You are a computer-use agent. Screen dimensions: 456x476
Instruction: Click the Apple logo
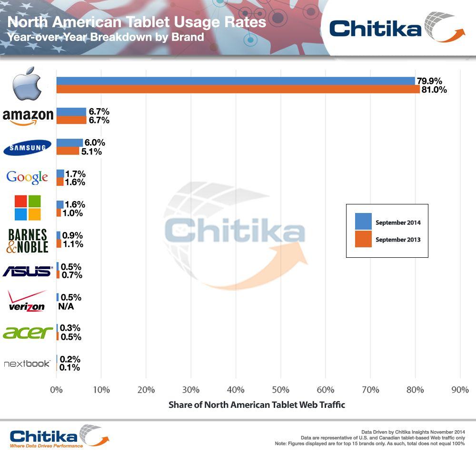27,84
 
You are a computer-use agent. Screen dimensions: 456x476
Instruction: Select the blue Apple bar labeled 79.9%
235,81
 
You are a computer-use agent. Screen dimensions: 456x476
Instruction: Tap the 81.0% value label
434,90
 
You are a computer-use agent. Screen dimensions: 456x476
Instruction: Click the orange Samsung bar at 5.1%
68,151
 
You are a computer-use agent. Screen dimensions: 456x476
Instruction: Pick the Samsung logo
27,147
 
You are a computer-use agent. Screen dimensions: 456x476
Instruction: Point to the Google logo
27,178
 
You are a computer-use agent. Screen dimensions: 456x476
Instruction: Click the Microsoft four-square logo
27,208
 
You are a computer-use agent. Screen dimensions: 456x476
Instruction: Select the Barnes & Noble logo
27,240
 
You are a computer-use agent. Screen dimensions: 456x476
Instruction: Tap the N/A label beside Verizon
66,306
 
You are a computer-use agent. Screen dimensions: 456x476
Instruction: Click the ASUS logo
27,271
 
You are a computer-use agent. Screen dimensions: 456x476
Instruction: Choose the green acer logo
27,332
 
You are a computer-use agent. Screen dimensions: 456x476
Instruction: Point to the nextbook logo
27,364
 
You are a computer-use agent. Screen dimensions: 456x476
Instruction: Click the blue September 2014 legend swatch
363,222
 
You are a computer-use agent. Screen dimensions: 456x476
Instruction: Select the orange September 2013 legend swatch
363,240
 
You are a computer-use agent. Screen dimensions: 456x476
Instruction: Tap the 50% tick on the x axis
280,390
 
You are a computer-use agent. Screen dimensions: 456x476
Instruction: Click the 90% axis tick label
460,390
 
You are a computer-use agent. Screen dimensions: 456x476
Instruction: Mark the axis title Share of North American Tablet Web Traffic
257,405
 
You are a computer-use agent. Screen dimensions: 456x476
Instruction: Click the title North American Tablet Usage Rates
137,22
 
